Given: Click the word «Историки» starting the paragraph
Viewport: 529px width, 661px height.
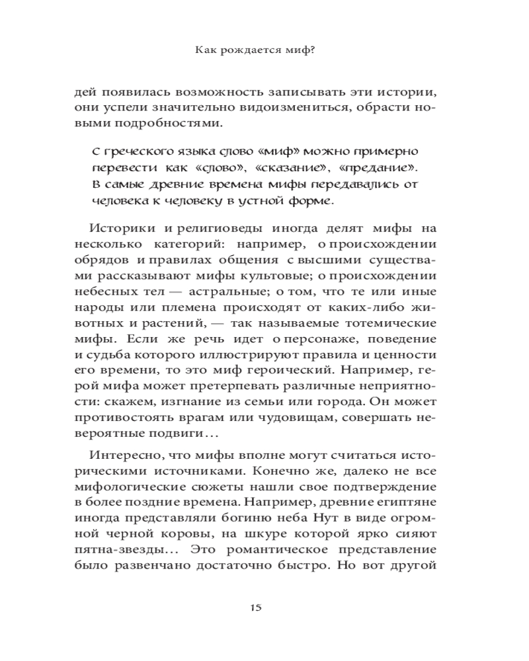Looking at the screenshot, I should coord(122,229).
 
